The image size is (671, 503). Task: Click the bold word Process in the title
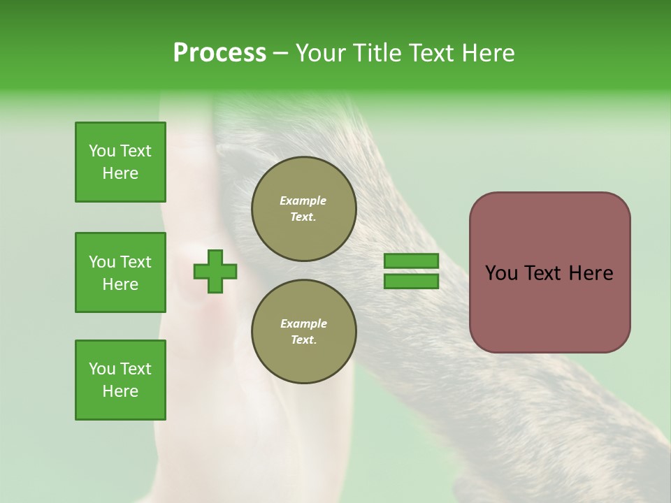pos(219,53)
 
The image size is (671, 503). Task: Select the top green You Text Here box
pos(120,162)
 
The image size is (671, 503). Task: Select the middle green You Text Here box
pos(120,272)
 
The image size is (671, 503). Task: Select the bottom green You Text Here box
pos(120,380)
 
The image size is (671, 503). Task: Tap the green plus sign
pos(215,271)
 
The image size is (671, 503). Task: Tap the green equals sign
pos(411,271)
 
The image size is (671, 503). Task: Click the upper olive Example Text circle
pos(303,209)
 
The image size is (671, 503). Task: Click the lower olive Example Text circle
pos(303,332)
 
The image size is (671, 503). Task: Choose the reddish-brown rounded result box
pos(549,272)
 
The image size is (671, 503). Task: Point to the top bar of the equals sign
pos(411,261)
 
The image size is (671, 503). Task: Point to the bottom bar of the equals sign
pos(411,281)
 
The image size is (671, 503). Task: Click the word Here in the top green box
pos(120,173)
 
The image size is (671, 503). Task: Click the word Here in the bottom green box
pos(120,391)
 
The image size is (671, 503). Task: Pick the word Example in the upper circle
pos(303,201)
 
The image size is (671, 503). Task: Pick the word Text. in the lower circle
pos(303,340)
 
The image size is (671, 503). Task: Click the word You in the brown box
pos(502,273)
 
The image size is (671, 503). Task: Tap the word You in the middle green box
pos(101,262)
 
